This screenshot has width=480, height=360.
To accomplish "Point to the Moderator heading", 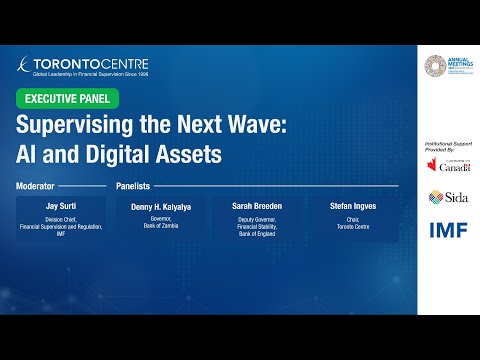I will [x=36, y=186].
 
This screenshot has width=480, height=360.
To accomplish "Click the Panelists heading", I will [x=135, y=186].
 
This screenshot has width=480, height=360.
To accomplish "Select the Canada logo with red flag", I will [x=448, y=164].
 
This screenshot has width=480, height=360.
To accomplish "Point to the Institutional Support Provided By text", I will [x=448, y=146].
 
